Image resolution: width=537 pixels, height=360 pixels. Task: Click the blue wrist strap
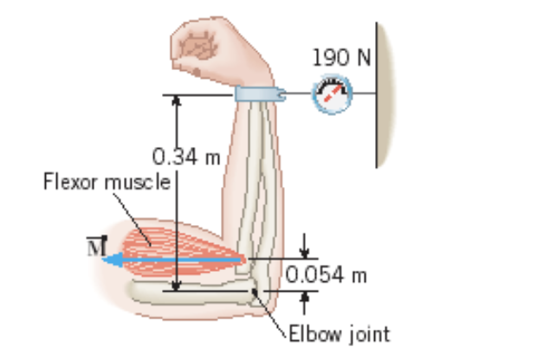(x=259, y=94)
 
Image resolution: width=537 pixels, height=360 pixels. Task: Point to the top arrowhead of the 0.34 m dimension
(x=177, y=100)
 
